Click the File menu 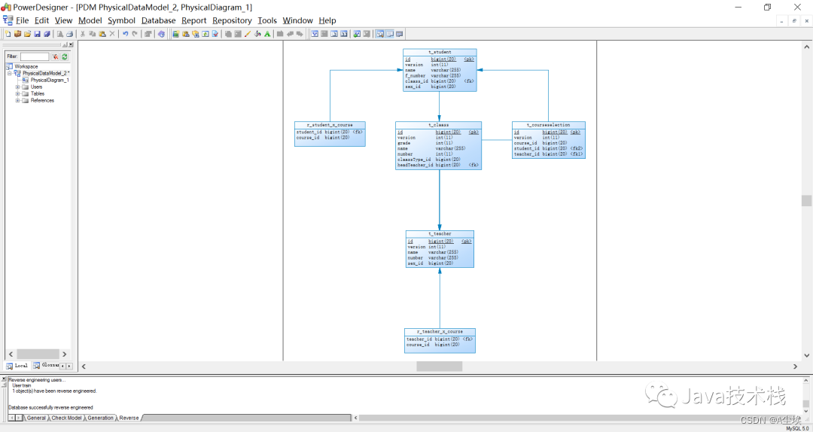pos(22,20)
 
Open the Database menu pos(158,20)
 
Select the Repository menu pos(232,20)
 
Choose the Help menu pos(327,20)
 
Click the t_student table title pos(440,52)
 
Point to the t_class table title pos(438,125)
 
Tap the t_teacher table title pos(440,234)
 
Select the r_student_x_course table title pos(330,125)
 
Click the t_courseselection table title pos(548,125)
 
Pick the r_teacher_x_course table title pos(440,332)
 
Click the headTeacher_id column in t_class pos(416,165)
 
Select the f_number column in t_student pos(416,76)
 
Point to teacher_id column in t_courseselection pos(527,154)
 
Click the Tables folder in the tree pos(38,93)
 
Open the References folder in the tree pos(42,100)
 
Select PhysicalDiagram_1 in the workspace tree pos(50,80)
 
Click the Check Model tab pos(67,418)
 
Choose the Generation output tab pos(100,418)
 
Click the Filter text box pos(34,56)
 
